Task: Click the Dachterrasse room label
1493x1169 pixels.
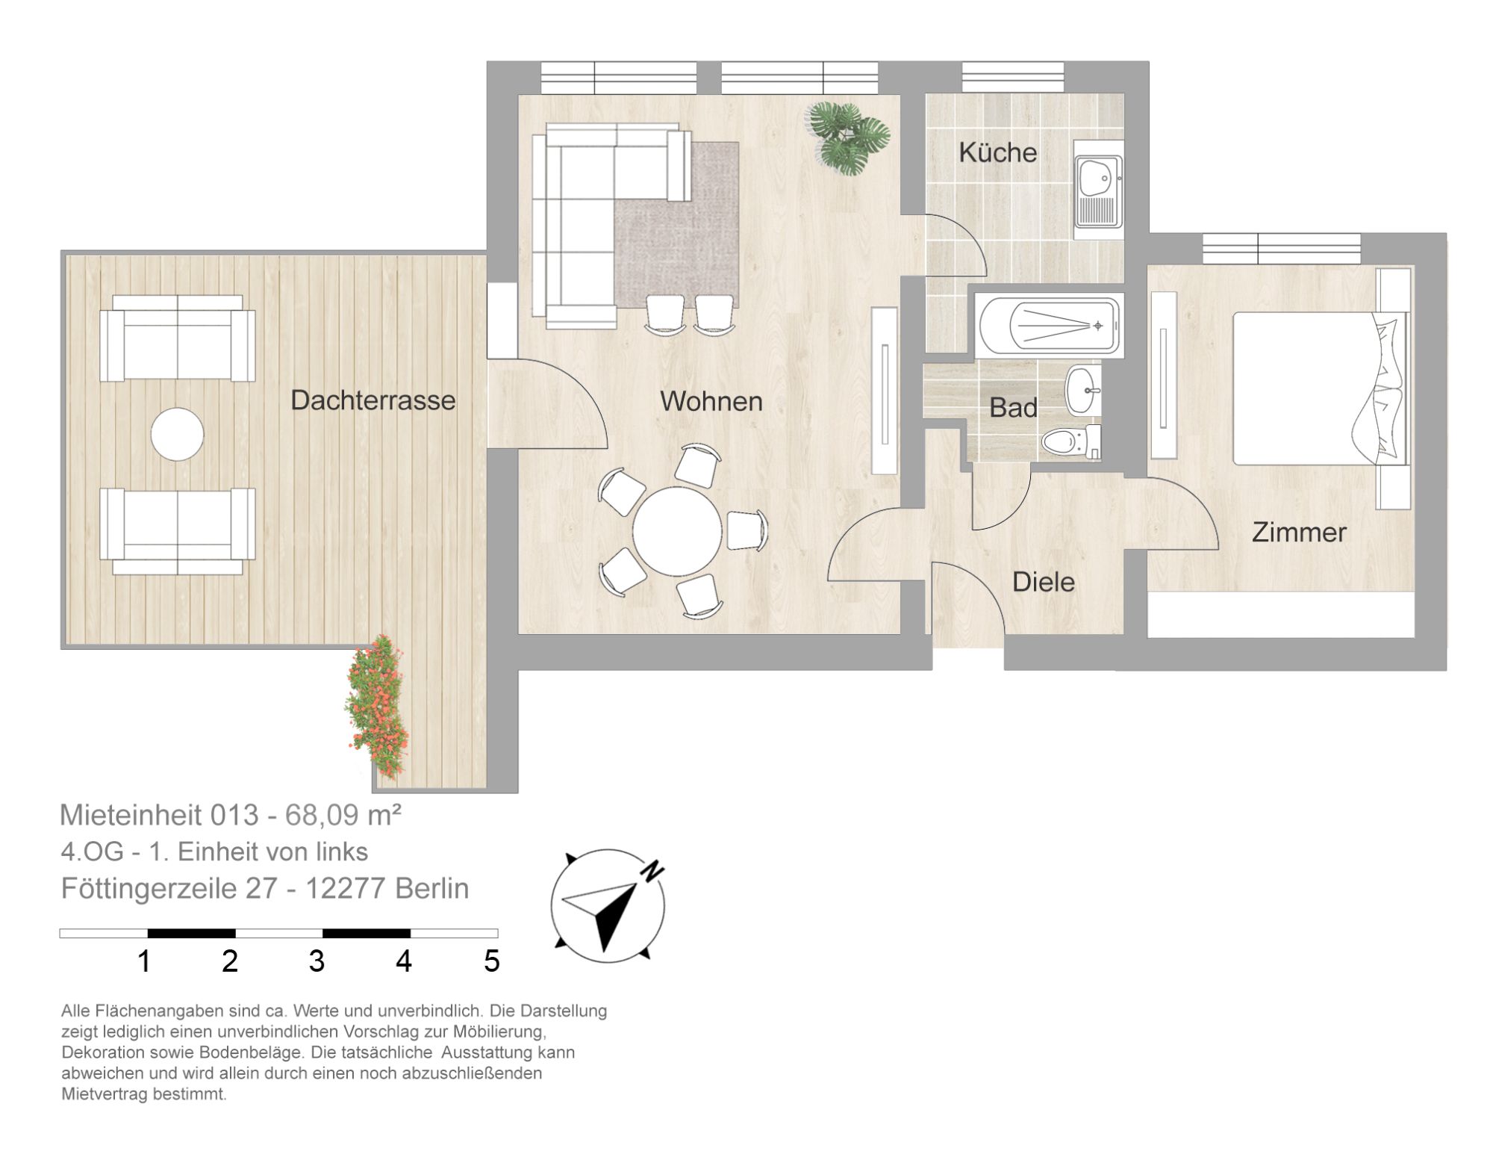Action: coord(373,400)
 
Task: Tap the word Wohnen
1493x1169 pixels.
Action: coord(711,401)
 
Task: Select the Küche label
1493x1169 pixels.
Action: coord(997,152)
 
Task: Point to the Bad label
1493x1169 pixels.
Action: coord(1013,408)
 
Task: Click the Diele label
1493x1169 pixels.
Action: coord(1043,582)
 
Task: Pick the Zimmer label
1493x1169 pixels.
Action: coord(1299,533)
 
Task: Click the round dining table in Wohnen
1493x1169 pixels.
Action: coord(677,531)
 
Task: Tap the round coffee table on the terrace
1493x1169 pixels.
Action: coord(177,434)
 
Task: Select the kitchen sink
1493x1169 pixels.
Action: coord(1098,191)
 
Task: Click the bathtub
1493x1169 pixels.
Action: coord(1048,326)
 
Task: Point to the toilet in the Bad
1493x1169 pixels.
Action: coord(1070,441)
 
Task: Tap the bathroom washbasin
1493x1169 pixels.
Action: coord(1083,389)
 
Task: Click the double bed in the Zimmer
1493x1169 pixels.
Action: coord(1320,388)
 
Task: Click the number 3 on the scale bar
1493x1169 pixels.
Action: coord(317,961)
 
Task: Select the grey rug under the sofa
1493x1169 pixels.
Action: coord(676,224)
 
